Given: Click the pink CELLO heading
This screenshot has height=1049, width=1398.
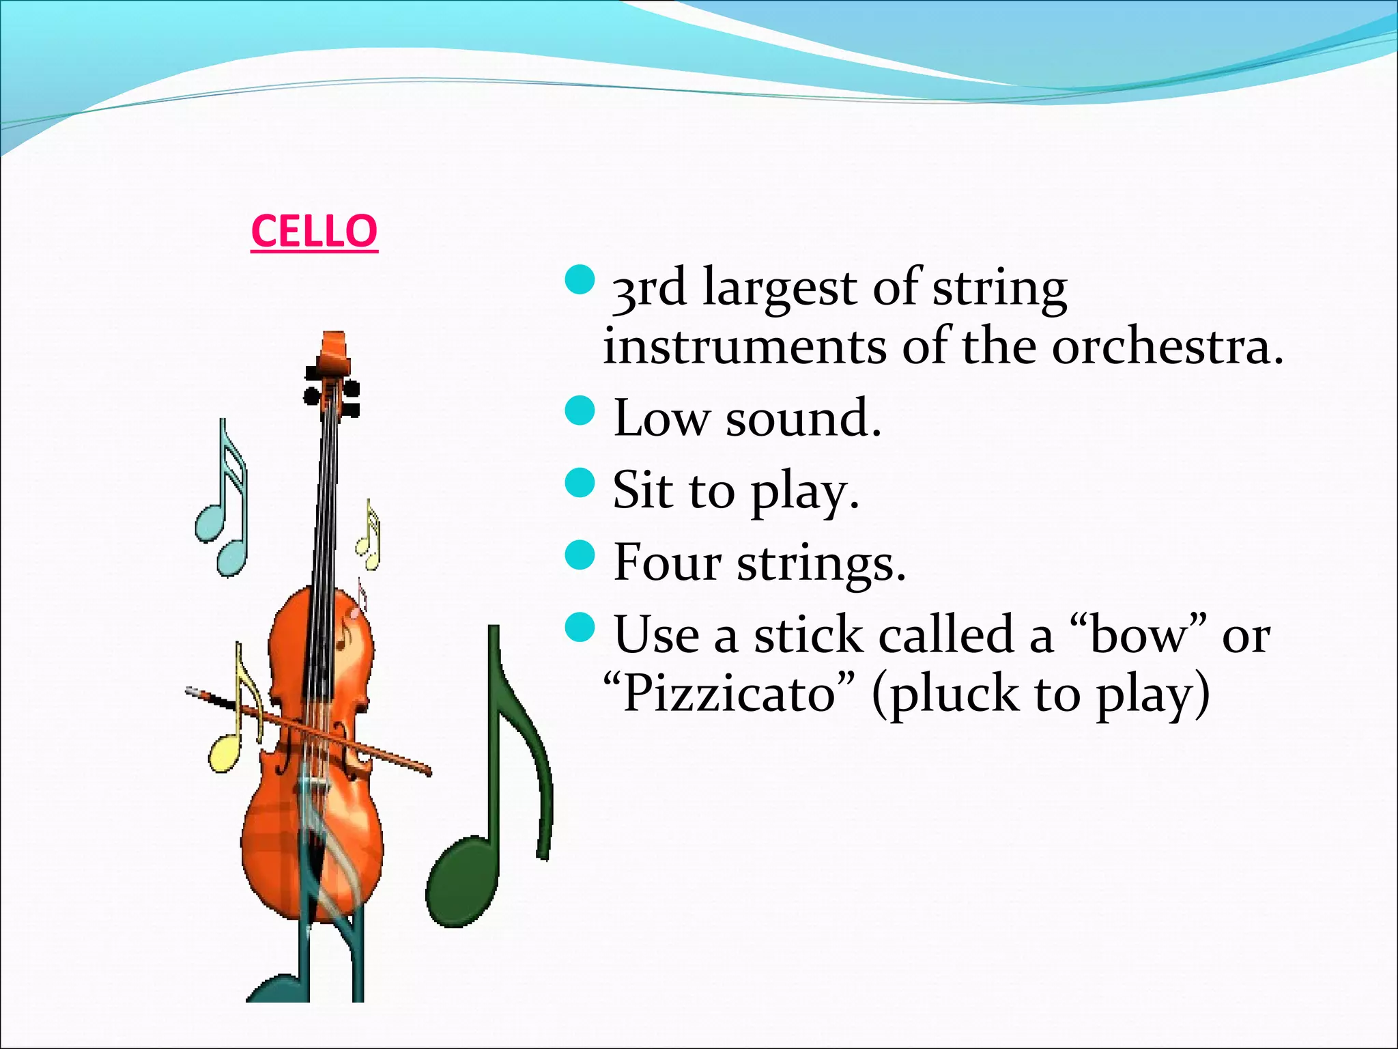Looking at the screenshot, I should tap(314, 232).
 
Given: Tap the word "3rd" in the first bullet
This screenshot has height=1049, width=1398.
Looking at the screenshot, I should tap(648, 290).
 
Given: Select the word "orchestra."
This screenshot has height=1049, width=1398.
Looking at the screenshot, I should tap(1167, 347).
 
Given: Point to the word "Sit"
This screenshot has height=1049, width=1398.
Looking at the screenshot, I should tap(641, 490).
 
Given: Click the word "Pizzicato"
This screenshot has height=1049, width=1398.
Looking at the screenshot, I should tap(730, 694).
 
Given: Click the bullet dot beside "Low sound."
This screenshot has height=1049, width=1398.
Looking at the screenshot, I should tap(581, 410).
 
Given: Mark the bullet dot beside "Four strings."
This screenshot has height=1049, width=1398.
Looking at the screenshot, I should tap(581, 554).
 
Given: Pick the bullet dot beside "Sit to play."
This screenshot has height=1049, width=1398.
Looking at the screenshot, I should tap(581, 482).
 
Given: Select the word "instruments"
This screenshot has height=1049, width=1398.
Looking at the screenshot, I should tap(745, 347).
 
